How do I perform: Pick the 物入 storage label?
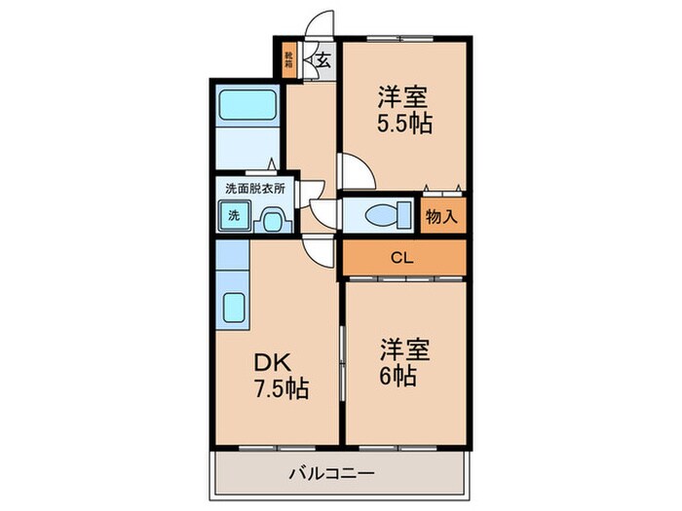point(441,216)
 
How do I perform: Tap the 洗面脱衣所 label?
point(255,187)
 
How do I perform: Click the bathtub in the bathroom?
point(247,103)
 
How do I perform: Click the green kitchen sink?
point(234,310)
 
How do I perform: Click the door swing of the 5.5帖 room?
point(356,172)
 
